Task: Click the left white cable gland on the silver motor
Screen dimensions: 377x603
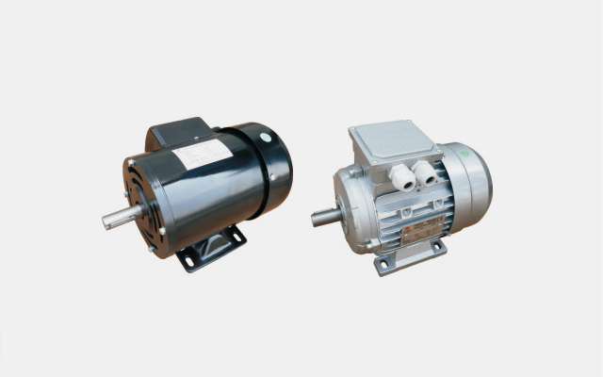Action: click(x=402, y=176)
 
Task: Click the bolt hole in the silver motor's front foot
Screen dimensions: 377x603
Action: click(x=383, y=265)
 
